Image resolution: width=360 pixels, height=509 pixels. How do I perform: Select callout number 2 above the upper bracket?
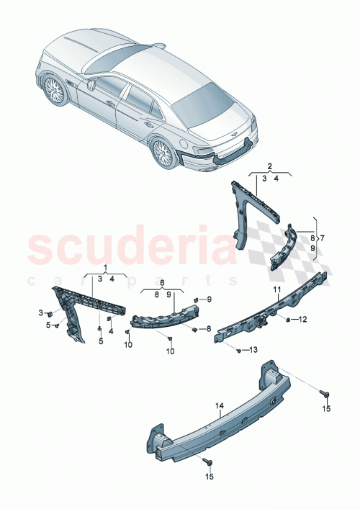pyautogui.click(x=269, y=165)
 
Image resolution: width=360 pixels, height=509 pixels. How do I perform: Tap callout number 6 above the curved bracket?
pyautogui.click(x=163, y=284)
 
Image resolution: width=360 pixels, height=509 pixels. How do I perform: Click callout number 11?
pyautogui.click(x=275, y=289)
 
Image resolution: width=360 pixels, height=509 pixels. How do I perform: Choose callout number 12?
pyautogui.click(x=303, y=319)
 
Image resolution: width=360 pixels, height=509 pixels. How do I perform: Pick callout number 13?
pyautogui.click(x=252, y=351)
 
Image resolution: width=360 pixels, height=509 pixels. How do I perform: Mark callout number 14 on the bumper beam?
pyautogui.click(x=221, y=406)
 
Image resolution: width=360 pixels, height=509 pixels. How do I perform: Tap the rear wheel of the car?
pyautogui.click(x=164, y=151)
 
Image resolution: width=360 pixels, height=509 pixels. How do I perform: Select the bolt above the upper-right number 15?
pyautogui.click(x=324, y=393)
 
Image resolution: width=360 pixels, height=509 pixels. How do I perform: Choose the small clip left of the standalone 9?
pyautogui.click(x=197, y=298)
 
